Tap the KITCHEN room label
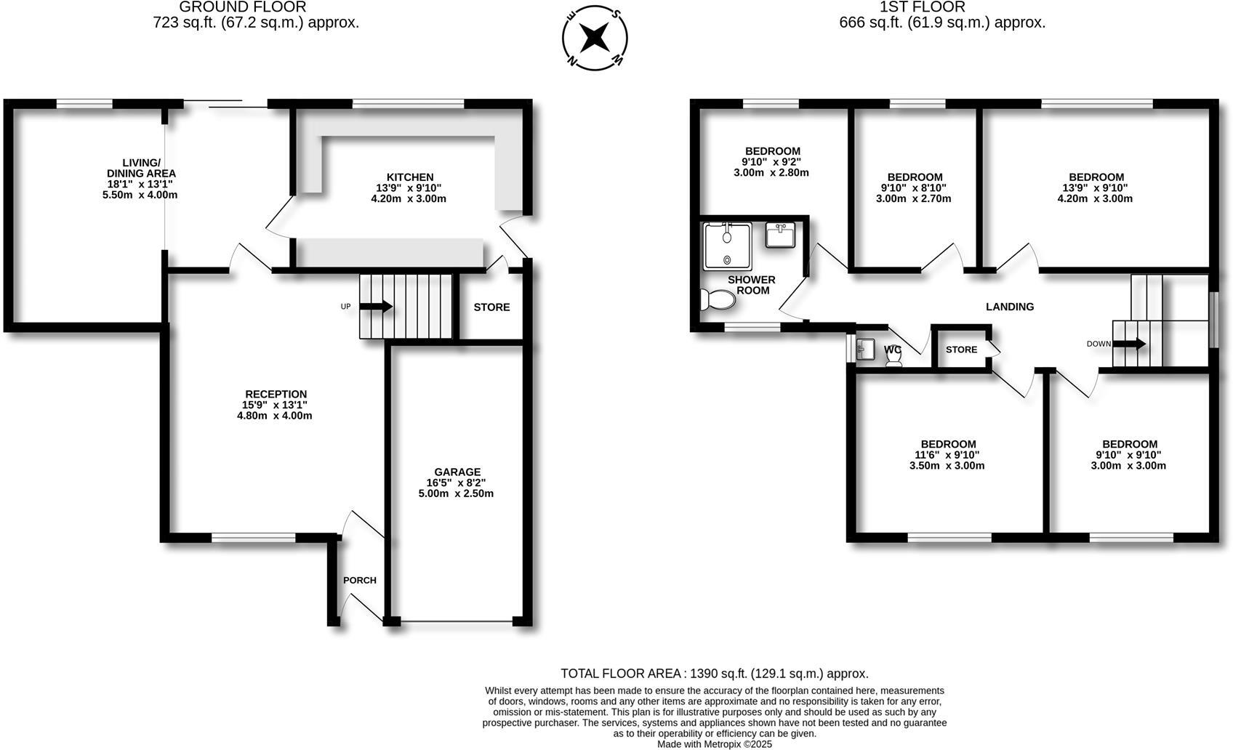point(409,177)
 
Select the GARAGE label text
point(458,472)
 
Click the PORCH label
point(360,580)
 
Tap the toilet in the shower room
point(717,299)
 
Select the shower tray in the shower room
point(727,246)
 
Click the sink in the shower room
point(781,235)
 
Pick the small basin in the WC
point(866,349)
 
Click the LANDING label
point(1009,307)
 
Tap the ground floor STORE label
point(491,307)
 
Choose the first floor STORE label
point(961,350)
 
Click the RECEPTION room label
point(276,394)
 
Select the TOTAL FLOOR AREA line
point(714,674)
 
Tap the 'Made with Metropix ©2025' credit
point(714,744)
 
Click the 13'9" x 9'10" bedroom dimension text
point(1096,187)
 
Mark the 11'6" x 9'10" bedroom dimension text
point(947,455)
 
